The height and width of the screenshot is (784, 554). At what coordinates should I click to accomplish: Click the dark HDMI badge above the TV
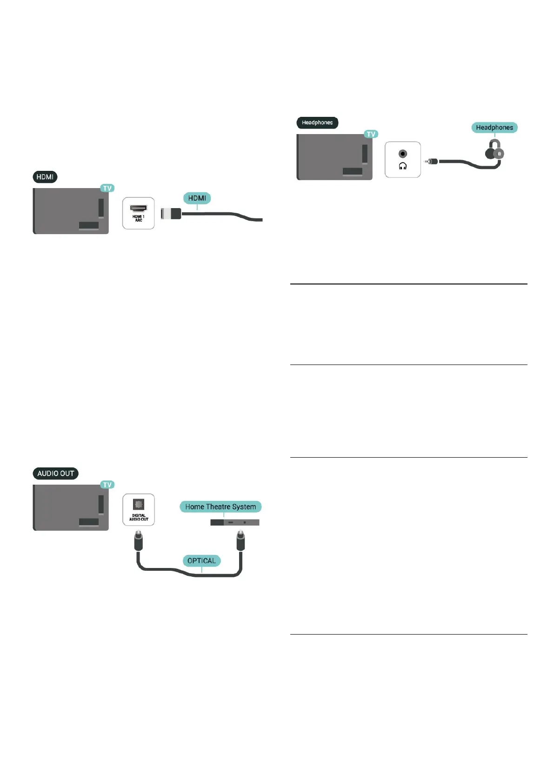tap(45, 177)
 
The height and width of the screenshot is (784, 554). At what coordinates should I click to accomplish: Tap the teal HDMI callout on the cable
tap(197, 198)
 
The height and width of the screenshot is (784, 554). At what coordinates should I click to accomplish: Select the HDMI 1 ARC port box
tap(138, 213)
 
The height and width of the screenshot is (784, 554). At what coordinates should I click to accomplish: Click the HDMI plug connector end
tap(171, 213)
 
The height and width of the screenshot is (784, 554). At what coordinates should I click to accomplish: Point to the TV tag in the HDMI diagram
tap(107, 188)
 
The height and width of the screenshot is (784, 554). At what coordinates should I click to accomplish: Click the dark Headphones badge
tap(317, 123)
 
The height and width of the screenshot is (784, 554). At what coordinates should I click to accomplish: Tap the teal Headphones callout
tap(494, 128)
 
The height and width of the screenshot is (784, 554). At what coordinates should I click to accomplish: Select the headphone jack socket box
tap(403, 160)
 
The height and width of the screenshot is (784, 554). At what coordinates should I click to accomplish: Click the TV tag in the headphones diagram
tap(371, 134)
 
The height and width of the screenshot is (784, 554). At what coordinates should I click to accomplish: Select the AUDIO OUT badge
tap(56, 473)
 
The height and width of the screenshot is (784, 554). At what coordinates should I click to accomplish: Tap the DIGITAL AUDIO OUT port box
tap(139, 510)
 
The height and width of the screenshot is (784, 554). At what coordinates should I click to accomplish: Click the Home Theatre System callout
tap(220, 507)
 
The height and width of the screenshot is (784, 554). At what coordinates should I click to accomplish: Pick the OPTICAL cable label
tap(201, 561)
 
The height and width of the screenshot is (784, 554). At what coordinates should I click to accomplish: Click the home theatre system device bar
tap(234, 522)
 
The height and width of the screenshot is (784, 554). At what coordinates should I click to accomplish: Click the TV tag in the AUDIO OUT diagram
tap(107, 485)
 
